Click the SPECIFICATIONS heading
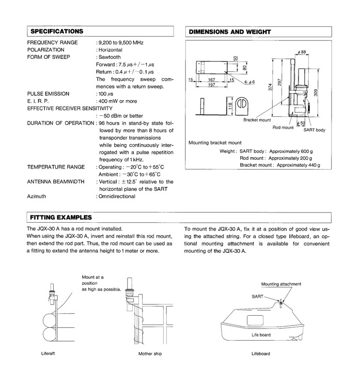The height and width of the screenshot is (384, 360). coord(57,32)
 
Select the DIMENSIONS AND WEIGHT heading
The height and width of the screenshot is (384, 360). coord(230,32)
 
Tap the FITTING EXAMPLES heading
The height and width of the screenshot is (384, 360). coord(61,218)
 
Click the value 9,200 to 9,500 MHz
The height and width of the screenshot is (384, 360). coord(121,42)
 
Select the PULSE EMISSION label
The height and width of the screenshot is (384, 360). coord(48,94)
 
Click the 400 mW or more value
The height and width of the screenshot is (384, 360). coord(118,101)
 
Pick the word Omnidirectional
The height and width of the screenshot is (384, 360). coord(117,196)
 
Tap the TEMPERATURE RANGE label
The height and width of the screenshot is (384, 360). coord(56,167)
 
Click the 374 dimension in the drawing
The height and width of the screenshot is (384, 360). coord(270,87)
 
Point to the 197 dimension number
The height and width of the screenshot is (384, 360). coord(211,85)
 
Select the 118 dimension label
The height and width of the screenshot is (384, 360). coord(230,106)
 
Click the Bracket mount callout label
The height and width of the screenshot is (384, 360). coord(257,120)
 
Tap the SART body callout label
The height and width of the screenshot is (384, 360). coord(314,130)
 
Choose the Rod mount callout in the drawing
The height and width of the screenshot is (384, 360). coord(283,128)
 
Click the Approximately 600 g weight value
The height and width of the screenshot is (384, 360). coord(291,151)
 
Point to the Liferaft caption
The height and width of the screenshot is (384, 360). coord(48,354)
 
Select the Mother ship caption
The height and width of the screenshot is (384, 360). coord(150,354)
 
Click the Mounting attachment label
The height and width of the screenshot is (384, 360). coord(281,284)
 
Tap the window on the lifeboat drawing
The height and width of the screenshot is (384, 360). coord(255,320)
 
